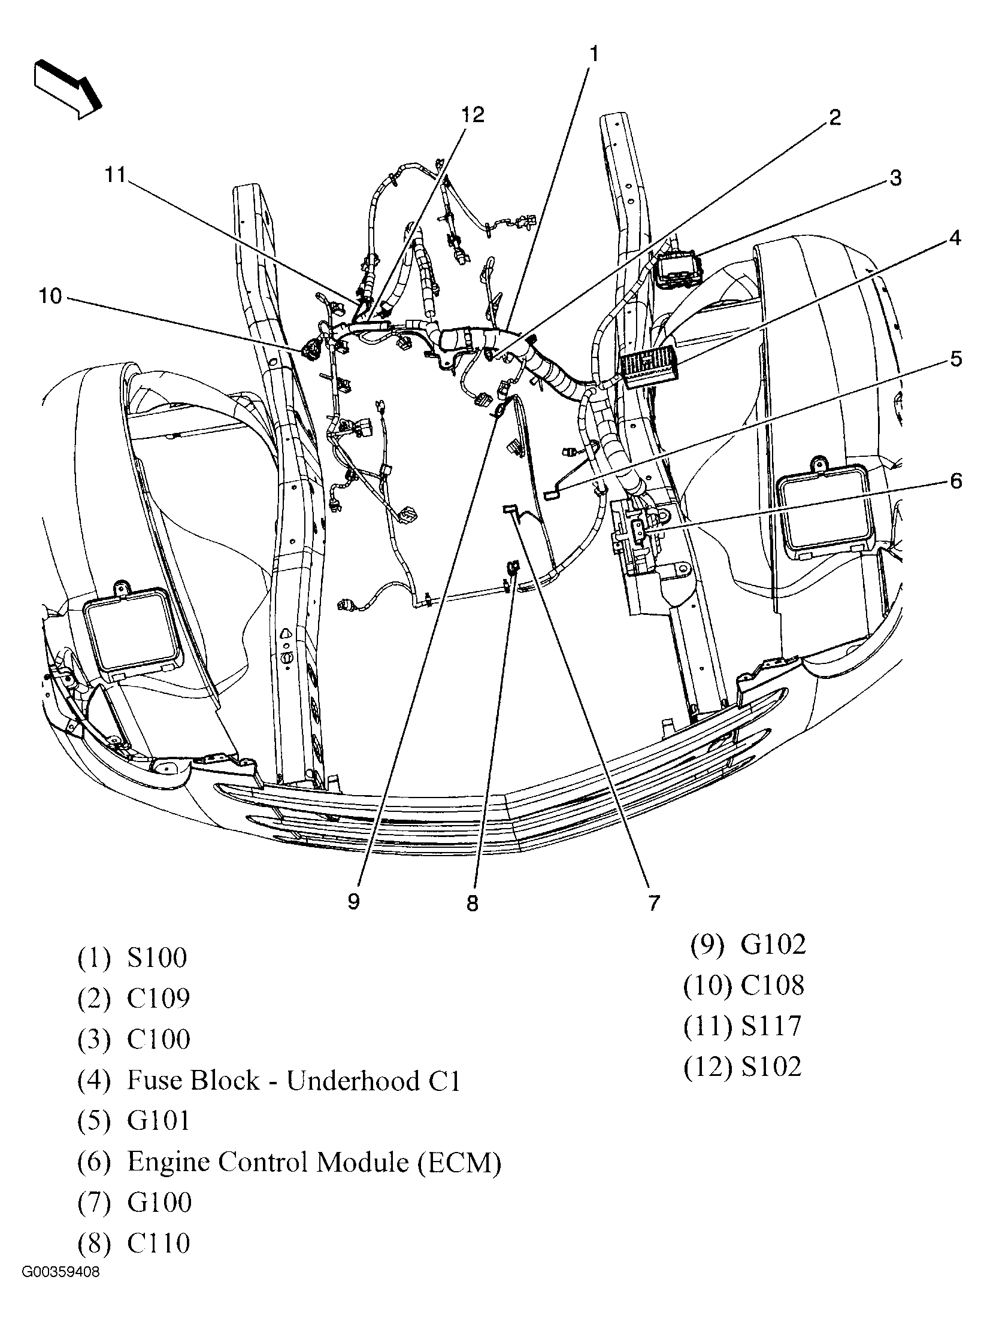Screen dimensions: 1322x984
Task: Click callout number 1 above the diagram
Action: [x=593, y=54]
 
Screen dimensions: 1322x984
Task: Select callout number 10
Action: [x=51, y=296]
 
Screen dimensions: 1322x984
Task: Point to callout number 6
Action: [x=955, y=481]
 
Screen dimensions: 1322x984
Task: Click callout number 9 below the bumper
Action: [x=353, y=902]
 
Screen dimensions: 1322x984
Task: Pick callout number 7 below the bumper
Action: [x=653, y=903]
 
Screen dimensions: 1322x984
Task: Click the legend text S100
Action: [x=157, y=957]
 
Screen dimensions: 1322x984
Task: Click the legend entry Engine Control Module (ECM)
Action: [x=314, y=1162]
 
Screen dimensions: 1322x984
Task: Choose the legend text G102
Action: [x=773, y=944]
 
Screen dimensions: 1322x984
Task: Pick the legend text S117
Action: [x=771, y=1026]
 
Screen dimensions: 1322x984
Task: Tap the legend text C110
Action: [x=158, y=1244]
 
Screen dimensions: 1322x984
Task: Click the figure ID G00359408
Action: [x=62, y=1285]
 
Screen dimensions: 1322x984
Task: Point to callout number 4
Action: [x=955, y=238]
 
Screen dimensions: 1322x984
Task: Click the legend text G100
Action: [x=159, y=1203]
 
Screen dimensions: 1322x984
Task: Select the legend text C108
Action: [x=772, y=985]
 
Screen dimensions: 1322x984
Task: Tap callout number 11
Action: [x=115, y=175]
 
